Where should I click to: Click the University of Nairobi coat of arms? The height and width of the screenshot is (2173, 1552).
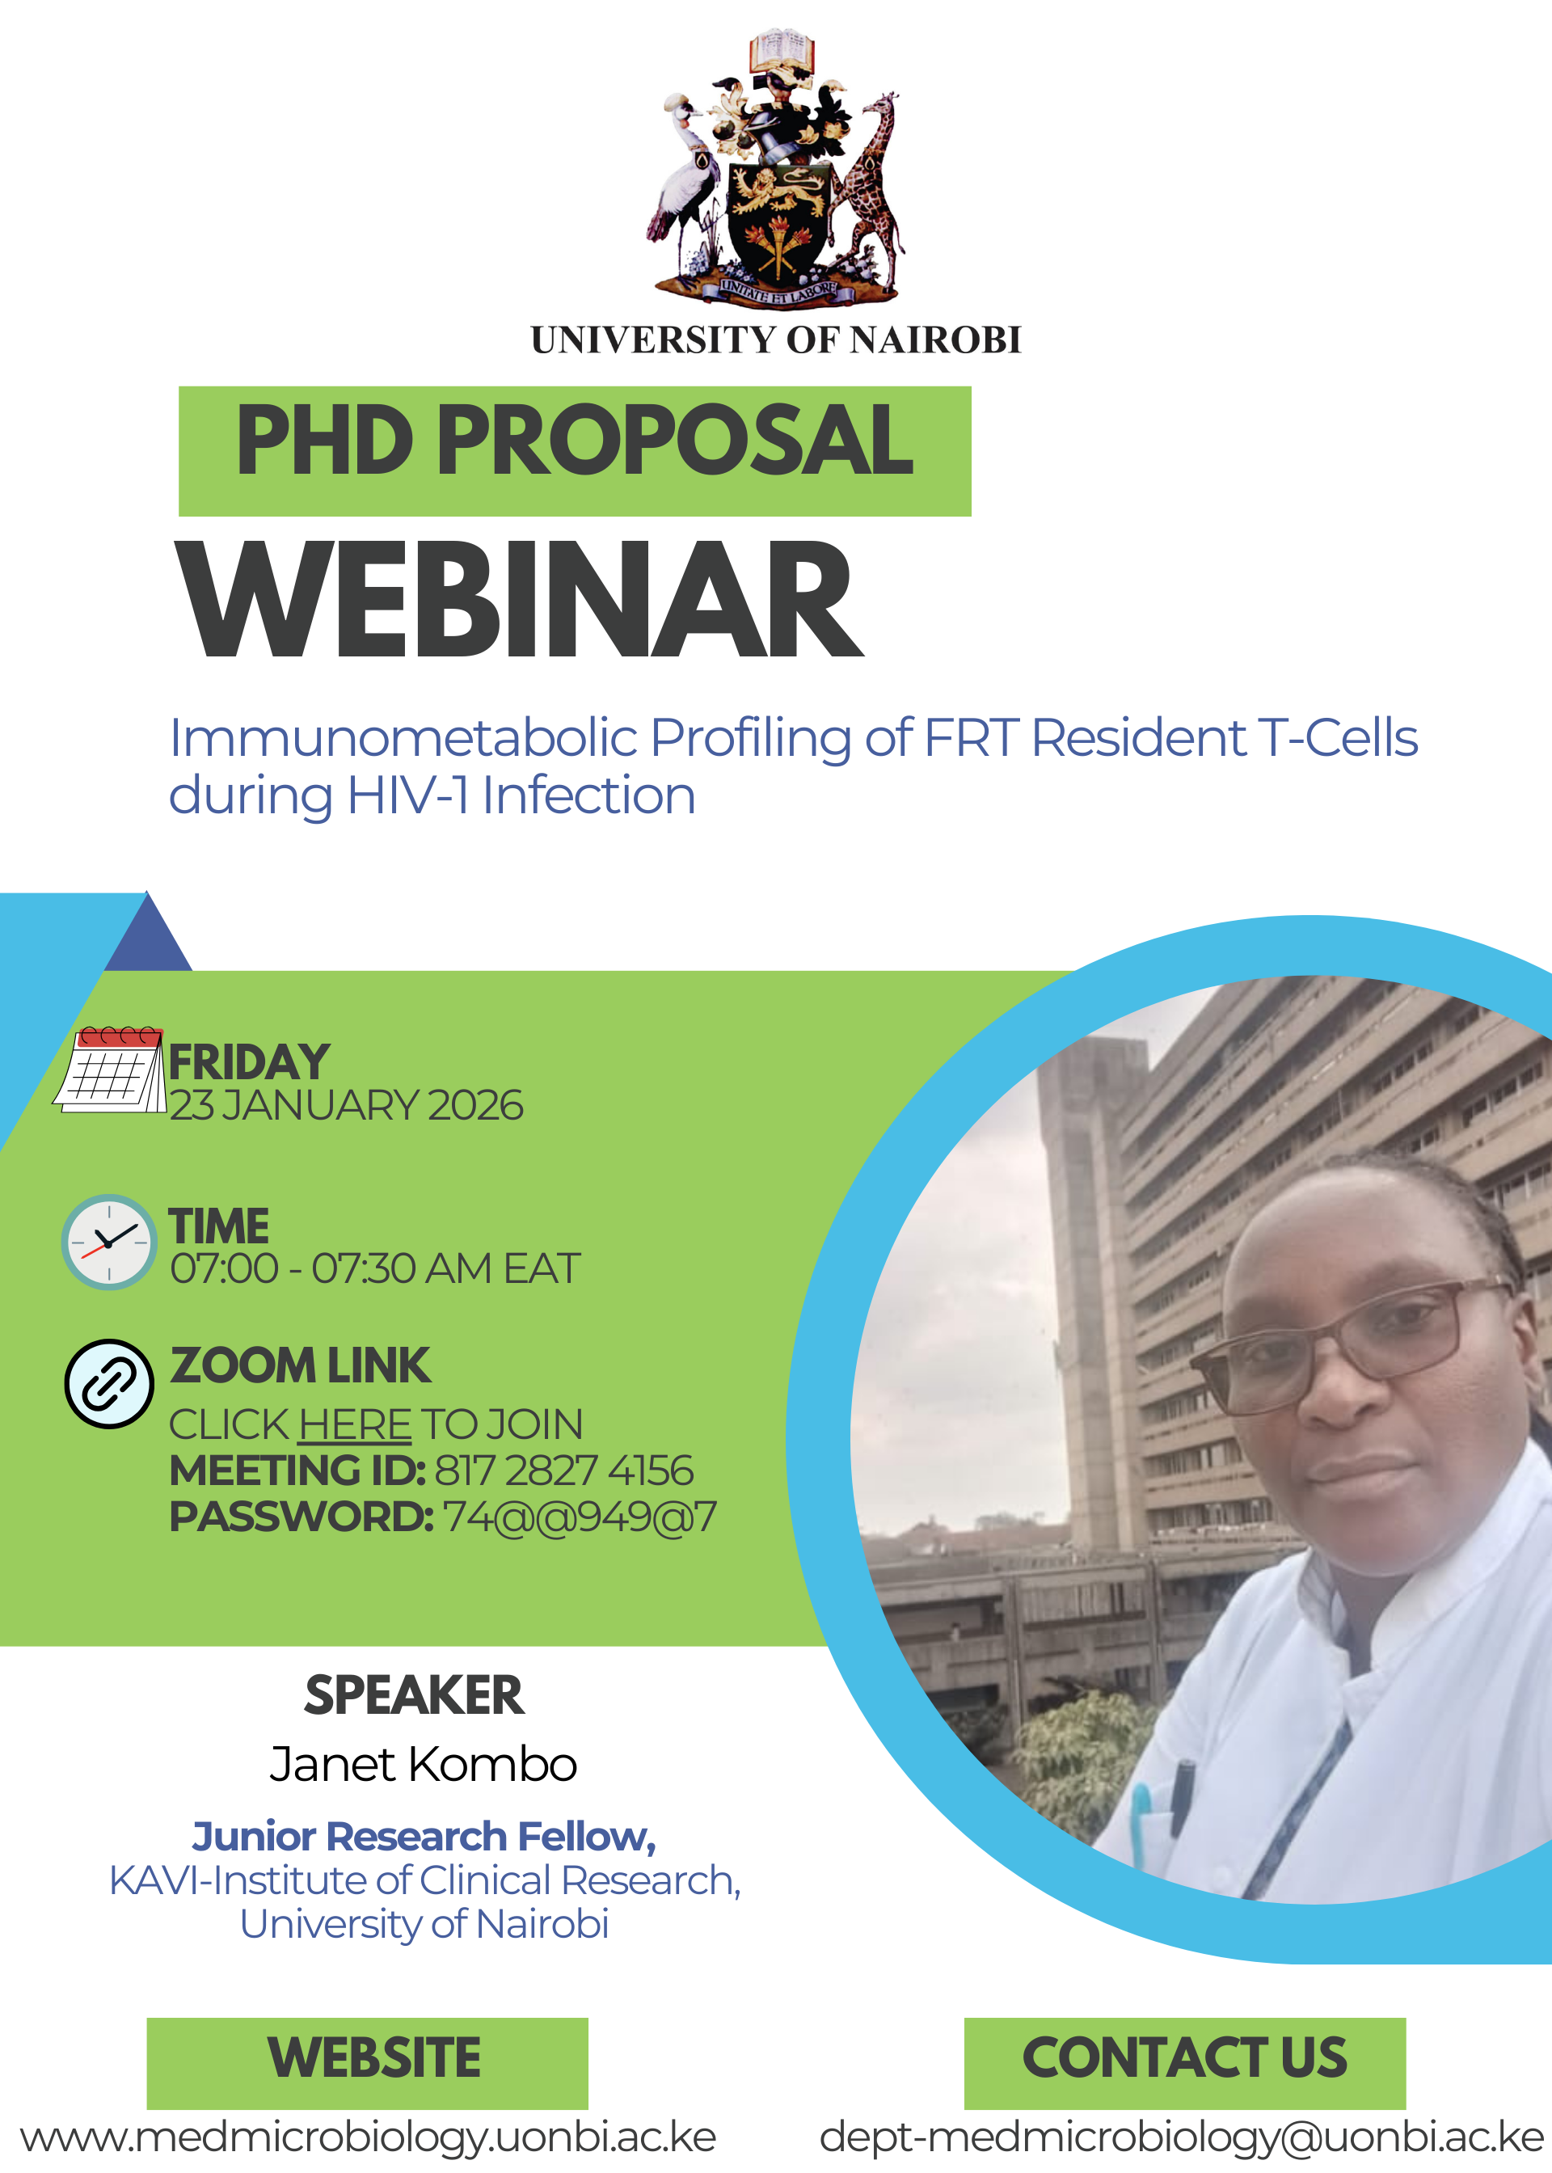(775, 167)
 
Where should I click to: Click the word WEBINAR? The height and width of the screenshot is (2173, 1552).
(519, 599)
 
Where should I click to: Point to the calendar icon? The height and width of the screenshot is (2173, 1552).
(109, 1070)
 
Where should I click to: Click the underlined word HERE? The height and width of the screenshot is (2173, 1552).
(355, 1424)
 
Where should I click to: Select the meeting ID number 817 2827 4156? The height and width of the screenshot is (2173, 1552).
(564, 1470)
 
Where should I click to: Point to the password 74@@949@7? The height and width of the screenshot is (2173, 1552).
(579, 1517)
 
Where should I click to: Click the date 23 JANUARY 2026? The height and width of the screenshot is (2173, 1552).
(347, 1106)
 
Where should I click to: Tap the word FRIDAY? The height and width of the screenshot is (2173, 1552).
(250, 1062)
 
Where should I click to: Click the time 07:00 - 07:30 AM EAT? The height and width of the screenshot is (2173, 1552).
(374, 1269)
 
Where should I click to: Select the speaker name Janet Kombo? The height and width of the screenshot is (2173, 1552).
(424, 1764)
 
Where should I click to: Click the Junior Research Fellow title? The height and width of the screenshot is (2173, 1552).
(424, 1837)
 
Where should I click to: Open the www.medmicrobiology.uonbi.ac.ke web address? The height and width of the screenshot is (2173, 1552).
(368, 2137)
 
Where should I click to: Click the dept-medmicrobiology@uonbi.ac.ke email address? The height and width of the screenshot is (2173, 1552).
(1182, 2137)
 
